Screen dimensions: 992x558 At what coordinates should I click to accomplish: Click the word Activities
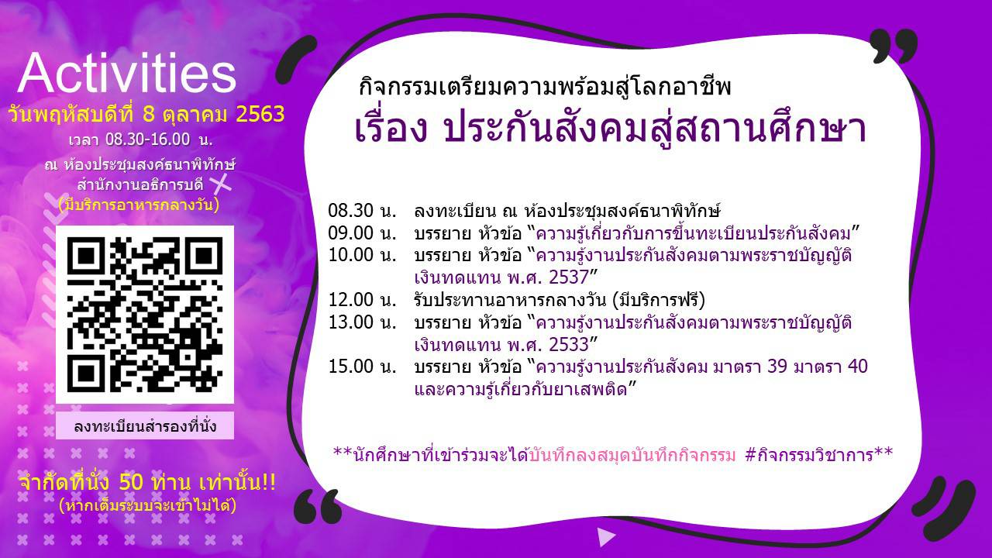[x=126, y=74]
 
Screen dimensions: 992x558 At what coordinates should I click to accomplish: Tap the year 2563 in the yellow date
[x=260, y=114]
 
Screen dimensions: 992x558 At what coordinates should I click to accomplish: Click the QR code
[x=145, y=315]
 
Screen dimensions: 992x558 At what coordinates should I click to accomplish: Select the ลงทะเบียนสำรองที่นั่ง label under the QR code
[x=145, y=426]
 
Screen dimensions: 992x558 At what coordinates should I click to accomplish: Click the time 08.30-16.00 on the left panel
[x=147, y=139]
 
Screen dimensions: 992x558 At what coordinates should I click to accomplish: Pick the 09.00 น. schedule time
[x=362, y=233]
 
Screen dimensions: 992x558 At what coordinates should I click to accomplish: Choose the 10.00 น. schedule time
[x=362, y=255]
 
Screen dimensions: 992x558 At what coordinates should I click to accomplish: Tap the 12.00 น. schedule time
[x=362, y=300]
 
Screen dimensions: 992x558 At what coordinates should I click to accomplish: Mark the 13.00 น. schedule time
[x=362, y=322]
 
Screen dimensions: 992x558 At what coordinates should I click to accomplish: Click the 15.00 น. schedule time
[x=362, y=367]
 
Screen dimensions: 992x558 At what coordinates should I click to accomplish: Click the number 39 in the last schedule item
[x=777, y=367]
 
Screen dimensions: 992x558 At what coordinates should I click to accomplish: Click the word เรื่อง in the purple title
[x=391, y=128]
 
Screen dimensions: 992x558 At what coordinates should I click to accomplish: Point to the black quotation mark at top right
[x=893, y=46]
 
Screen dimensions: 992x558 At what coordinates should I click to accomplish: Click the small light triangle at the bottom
[x=606, y=537]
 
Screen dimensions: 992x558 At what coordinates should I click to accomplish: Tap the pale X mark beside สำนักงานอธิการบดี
[x=221, y=184]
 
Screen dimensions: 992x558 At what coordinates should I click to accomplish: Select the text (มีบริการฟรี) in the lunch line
[x=659, y=300]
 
